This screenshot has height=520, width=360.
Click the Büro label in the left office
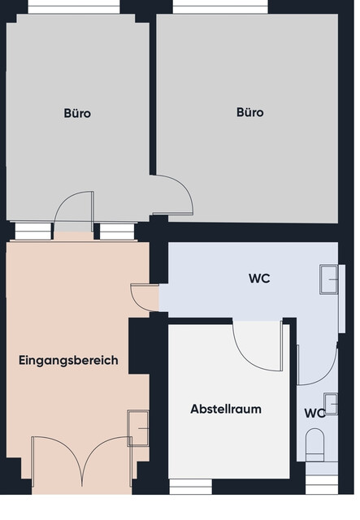click(x=77, y=114)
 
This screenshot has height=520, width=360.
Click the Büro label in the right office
click(x=249, y=113)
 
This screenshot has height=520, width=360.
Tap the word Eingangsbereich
click(x=68, y=360)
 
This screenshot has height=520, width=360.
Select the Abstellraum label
click(x=226, y=409)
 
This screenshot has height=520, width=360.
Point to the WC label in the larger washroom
click(x=259, y=279)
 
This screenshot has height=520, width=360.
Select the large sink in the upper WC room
click(x=329, y=278)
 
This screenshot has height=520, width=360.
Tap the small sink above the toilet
click(x=331, y=403)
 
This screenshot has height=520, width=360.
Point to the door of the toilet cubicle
click(x=316, y=362)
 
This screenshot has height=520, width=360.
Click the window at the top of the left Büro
click(x=74, y=7)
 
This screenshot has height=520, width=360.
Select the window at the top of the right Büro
click(x=220, y=7)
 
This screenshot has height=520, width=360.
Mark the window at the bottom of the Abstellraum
click(x=190, y=486)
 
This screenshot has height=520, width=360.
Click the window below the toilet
click(x=321, y=487)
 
